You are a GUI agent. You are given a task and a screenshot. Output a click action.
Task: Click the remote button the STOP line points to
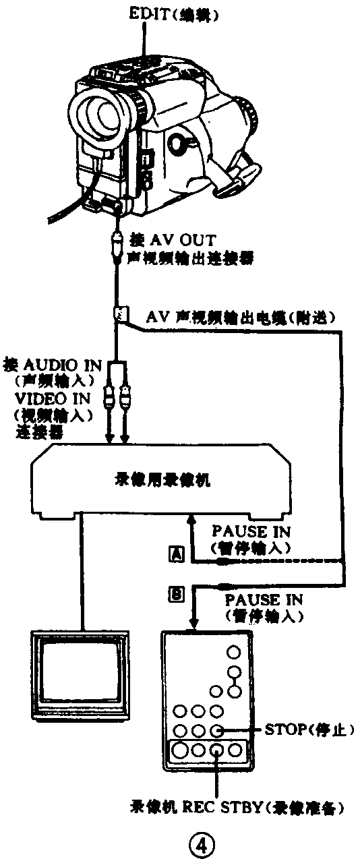coord(216,730)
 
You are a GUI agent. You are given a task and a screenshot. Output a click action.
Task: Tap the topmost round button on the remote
coord(234,652)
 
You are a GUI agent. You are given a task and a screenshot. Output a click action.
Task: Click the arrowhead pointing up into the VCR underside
coord(192,521)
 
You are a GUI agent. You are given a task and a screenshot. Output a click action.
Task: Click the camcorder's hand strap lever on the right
coord(239,177)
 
